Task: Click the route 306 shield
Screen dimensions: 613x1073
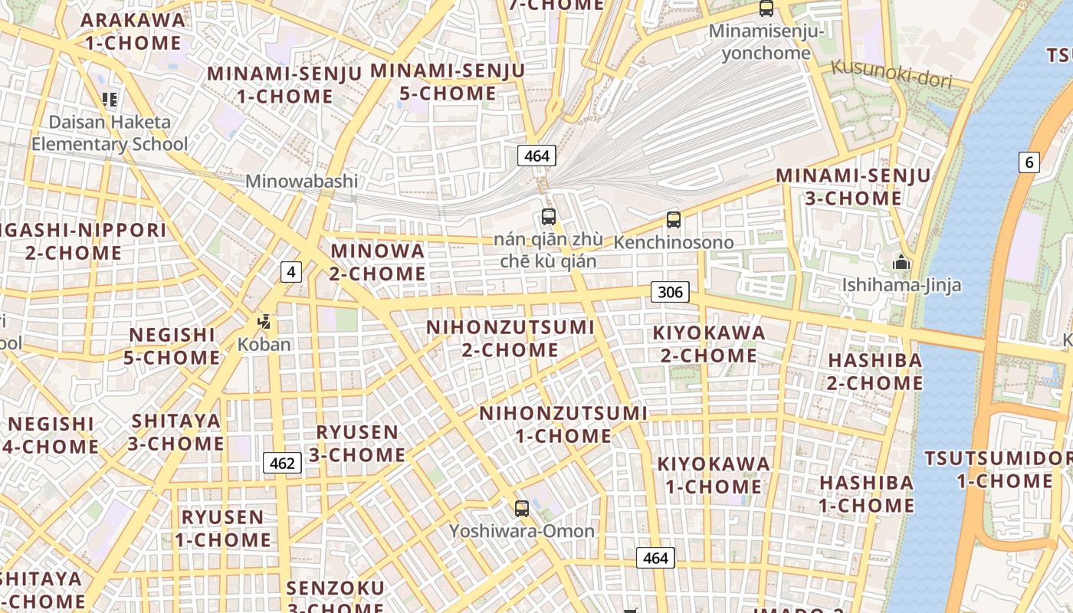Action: click(670, 292)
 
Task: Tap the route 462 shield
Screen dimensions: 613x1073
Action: click(282, 463)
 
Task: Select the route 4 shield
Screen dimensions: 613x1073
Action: click(290, 271)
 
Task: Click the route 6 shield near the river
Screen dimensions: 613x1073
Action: click(1029, 162)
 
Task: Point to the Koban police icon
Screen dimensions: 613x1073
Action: click(264, 323)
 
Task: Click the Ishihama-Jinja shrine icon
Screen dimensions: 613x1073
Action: click(901, 263)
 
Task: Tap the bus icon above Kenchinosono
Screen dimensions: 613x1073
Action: click(674, 220)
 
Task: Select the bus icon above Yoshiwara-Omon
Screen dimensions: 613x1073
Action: click(522, 508)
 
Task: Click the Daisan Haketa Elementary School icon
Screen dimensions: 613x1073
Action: click(110, 99)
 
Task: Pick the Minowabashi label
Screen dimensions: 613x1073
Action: click(301, 182)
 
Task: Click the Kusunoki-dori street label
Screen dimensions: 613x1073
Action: click(891, 74)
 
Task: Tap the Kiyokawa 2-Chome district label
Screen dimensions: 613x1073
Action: click(709, 344)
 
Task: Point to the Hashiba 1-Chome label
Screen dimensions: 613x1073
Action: click(867, 494)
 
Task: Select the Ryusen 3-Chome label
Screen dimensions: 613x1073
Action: click(357, 444)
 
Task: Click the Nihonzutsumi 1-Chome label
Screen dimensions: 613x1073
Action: click(563, 425)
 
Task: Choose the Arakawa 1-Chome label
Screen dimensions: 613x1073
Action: click(133, 31)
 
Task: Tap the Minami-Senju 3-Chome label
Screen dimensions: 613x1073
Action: click(853, 187)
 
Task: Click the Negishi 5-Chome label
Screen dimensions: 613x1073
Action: click(172, 346)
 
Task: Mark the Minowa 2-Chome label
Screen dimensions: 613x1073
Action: click(377, 262)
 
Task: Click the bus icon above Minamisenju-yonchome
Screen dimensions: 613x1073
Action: click(766, 8)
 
